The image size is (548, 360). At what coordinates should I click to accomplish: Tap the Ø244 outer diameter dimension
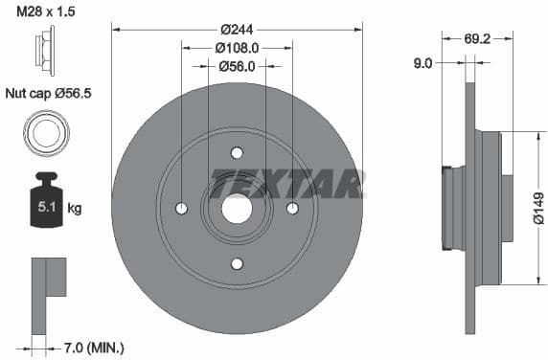237,29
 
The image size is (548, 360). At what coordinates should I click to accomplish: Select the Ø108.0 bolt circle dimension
237,47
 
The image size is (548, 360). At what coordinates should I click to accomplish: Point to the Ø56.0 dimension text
237,66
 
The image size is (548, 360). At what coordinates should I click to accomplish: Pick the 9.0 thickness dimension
423,63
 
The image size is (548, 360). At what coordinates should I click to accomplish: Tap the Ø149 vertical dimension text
537,208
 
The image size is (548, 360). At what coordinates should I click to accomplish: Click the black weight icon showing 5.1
45,203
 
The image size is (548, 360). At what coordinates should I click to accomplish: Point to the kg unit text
75,208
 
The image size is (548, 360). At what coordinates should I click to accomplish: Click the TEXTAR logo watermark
287,182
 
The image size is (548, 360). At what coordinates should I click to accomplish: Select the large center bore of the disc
237,208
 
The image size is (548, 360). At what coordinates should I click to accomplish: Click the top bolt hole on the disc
237,152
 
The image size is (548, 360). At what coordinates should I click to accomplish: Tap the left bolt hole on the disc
182,209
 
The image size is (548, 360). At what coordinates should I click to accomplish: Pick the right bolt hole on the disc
292,209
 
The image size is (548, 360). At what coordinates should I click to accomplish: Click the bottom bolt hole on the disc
237,263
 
